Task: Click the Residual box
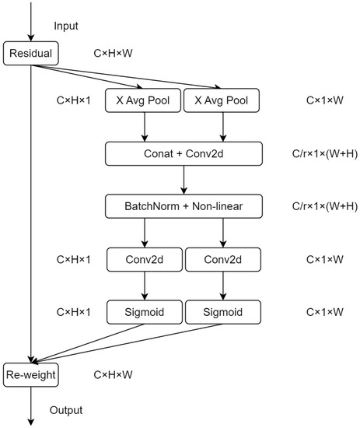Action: pos(30,54)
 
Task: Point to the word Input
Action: pos(67,26)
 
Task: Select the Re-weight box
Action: pos(30,375)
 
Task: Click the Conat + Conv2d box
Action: pos(184,153)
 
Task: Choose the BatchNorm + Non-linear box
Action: pos(184,205)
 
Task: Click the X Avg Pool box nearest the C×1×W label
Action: pos(224,100)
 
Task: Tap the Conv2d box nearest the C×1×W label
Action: pos(224,259)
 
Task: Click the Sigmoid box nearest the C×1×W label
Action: pos(224,312)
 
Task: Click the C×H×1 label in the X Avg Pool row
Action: pos(74,100)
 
